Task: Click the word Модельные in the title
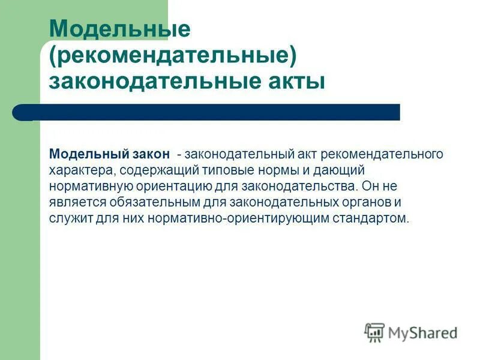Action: click(x=119, y=29)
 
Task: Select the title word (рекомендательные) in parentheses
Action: click(x=173, y=55)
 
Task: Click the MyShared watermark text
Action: click(x=423, y=332)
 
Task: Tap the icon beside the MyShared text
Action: click(x=374, y=332)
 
